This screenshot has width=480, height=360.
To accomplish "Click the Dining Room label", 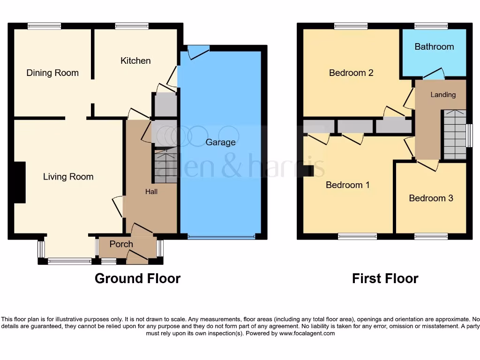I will tap(52, 73).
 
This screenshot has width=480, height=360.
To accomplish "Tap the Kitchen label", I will tap(135, 60).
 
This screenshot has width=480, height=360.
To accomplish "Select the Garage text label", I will tap(220, 142).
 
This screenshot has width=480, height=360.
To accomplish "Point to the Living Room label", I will tap(68, 177).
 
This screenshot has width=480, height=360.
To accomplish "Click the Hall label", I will tap(151, 191).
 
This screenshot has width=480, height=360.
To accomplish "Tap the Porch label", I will tap(121, 244).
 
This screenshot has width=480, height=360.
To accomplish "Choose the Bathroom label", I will tap(434, 46).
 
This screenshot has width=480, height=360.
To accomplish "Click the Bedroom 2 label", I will tap(351, 73).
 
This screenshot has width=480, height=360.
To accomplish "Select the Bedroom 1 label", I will tap(348, 185).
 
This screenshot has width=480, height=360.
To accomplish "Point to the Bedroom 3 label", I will tap(431, 198).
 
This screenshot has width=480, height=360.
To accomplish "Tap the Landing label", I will tap(443, 95).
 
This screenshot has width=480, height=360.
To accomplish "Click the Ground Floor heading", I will tap(137, 278).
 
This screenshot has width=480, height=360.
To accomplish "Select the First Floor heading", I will tap(385, 278).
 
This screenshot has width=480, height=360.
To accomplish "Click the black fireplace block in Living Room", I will tap(20, 182).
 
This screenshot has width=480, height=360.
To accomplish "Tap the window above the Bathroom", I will tap(431, 26).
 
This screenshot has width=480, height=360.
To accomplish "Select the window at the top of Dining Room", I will tap(44, 26).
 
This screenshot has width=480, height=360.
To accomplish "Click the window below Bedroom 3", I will tap(431, 236).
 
